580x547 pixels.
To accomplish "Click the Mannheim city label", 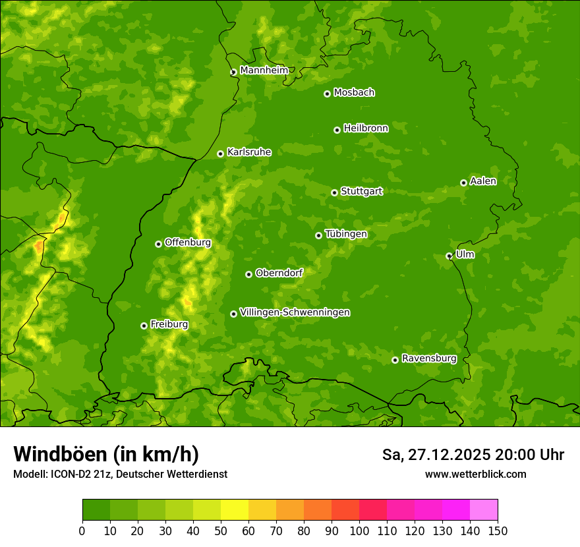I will pyautogui.click(x=264, y=71).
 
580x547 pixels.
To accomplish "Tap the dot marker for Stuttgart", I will pyautogui.click(x=335, y=192).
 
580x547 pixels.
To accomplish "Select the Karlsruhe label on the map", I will pyautogui.click(x=249, y=152).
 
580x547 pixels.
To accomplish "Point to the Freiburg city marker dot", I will pyautogui.click(x=144, y=326).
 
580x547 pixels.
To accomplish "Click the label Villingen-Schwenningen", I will pyautogui.click(x=295, y=312).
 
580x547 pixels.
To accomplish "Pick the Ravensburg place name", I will pyautogui.click(x=429, y=359).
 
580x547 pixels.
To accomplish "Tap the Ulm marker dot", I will pyautogui.click(x=449, y=256).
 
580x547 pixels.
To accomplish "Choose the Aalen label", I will pyautogui.click(x=483, y=181).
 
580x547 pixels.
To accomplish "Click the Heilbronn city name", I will pyautogui.click(x=366, y=129).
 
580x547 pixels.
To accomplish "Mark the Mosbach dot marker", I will pyautogui.click(x=327, y=94).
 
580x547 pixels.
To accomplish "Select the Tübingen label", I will pyautogui.click(x=346, y=234).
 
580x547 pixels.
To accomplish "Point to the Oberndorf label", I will pyautogui.click(x=279, y=273).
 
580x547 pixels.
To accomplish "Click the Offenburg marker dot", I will pyautogui.click(x=158, y=244).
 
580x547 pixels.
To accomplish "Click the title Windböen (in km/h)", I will pyautogui.click(x=105, y=454).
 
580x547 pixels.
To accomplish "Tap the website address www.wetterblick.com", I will pyautogui.click(x=475, y=474).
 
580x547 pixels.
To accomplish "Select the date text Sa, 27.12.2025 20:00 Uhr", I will pyautogui.click(x=473, y=455).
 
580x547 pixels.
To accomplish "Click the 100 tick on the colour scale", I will pyautogui.click(x=359, y=531).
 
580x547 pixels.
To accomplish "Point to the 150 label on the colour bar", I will pyautogui.click(x=497, y=531).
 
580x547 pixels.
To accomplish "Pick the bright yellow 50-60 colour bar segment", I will pyautogui.click(x=235, y=510).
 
